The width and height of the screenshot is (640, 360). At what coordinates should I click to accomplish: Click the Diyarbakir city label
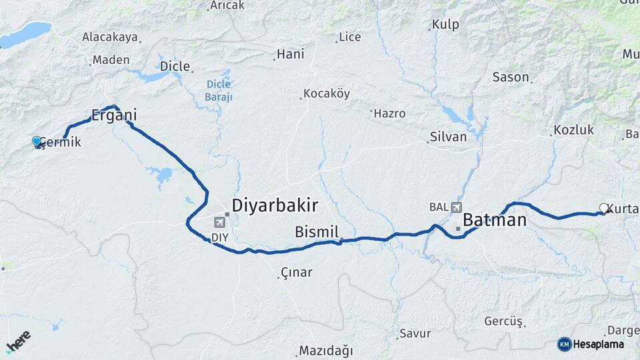coord(275,205)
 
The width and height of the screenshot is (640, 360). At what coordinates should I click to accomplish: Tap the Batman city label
coord(495,220)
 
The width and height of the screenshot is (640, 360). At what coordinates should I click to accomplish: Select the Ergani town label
coord(114,115)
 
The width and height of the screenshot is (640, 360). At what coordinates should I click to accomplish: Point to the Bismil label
coord(317,232)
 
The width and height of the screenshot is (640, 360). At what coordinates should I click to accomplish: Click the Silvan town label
coord(449,137)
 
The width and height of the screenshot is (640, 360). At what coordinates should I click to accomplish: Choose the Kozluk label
coord(573,130)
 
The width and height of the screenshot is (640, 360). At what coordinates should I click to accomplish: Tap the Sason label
coord(511,77)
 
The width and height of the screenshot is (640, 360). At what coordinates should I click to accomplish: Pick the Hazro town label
coord(389,113)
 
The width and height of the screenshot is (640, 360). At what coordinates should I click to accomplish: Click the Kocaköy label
coord(326,93)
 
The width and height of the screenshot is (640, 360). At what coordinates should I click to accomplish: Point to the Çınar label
coord(297,273)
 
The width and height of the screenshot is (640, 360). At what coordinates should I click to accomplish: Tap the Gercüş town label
coord(503,321)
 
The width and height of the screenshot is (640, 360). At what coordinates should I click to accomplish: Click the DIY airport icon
coord(219,222)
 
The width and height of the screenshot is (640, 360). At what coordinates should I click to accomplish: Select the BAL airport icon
coord(455,207)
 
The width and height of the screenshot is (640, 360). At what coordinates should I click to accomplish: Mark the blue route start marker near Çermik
coord(37,141)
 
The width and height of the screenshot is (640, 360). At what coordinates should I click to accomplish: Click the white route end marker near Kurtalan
coord(603,208)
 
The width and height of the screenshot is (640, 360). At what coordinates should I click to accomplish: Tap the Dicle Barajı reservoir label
coord(218,90)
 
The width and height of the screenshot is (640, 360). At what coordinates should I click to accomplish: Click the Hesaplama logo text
coord(598,344)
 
